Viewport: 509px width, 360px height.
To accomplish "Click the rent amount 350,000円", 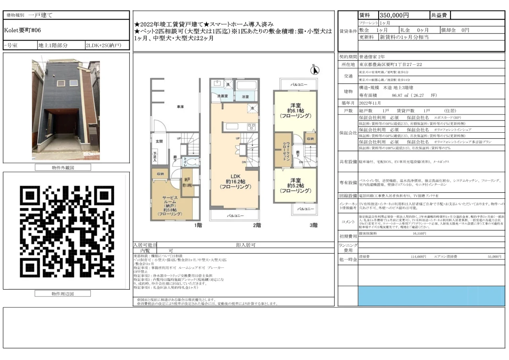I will tap(394, 15).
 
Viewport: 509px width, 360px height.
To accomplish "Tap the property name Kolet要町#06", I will tap(22, 30).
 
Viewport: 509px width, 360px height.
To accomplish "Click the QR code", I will tap(66, 230).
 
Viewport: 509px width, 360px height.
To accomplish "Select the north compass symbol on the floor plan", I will tap(316, 70).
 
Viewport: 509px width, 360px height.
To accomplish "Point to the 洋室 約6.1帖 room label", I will tap(295, 110).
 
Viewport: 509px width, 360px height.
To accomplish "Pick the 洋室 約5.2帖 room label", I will tap(295, 185).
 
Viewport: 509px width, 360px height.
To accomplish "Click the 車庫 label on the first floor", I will tap(181, 106).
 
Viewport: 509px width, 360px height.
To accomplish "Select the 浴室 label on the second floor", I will tap(245, 97).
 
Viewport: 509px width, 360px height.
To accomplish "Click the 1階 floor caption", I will tap(198, 226).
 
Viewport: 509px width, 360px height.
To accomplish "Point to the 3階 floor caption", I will tap(313, 226).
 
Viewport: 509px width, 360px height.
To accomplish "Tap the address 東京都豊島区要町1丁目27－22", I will tap(390, 64).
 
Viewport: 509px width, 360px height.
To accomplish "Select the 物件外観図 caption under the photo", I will tap(63, 167).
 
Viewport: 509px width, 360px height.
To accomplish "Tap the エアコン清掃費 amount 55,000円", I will tap(494, 257).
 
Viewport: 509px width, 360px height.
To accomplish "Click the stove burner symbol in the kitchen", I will tap(251, 127).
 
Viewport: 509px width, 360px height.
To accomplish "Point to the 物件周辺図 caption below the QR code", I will tap(63, 294).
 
